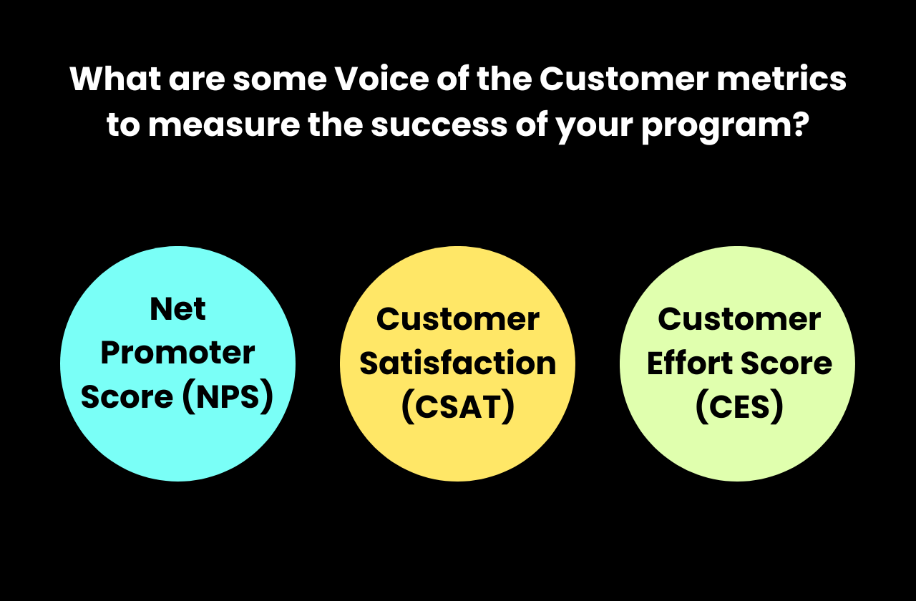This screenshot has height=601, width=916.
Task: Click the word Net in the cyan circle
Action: click(x=177, y=309)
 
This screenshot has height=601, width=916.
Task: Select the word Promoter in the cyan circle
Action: click(x=177, y=353)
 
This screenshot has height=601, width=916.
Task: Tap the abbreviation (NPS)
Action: click(x=228, y=398)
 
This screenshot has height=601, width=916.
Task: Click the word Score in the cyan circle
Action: click(x=127, y=398)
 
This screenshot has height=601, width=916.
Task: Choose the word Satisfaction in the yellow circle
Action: click(x=457, y=363)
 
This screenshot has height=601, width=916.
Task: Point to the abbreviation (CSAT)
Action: click(x=457, y=408)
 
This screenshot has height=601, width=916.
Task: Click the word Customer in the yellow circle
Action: click(x=457, y=319)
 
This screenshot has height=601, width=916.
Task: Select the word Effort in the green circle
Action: click(x=688, y=363)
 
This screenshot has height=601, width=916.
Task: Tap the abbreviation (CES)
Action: click(x=739, y=408)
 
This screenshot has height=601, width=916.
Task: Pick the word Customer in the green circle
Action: click(x=739, y=319)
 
